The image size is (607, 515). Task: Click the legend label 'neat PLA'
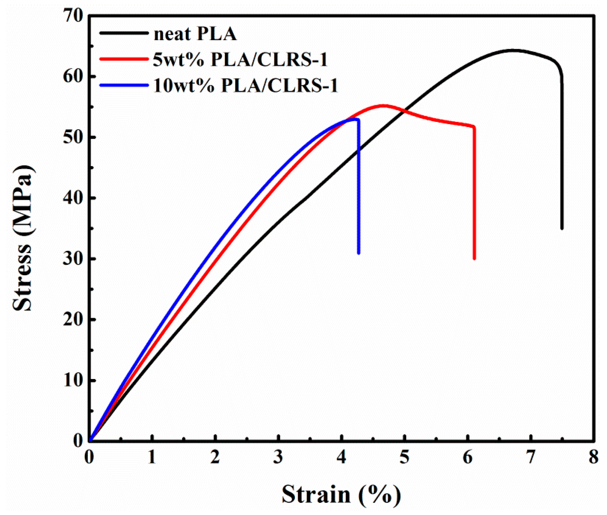(x=195, y=34)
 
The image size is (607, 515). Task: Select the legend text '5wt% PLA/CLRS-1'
(x=240, y=60)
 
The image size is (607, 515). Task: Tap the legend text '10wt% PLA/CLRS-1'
(x=245, y=86)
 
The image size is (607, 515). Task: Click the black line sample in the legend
(x=124, y=33)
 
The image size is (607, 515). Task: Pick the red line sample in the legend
(x=124, y=59)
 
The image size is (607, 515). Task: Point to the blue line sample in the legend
(x=124, y=85)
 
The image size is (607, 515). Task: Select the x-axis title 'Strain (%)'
(x=341, y=494)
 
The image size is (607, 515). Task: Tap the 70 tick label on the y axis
(x=73, y=16)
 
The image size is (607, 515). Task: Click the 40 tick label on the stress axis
(x=73, y=198)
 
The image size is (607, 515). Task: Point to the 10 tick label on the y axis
(x=73, y=380)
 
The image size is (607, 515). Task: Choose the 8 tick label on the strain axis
(x=593, y=456)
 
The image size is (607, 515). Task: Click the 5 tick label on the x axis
(x=404, y=456)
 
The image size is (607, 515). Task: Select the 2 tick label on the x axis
(x=215, y=456)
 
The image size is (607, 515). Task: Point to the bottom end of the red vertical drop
(x=474, y=258)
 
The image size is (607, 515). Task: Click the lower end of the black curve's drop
(x=562, y=228)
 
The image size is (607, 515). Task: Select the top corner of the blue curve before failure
(x=358, y=119)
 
